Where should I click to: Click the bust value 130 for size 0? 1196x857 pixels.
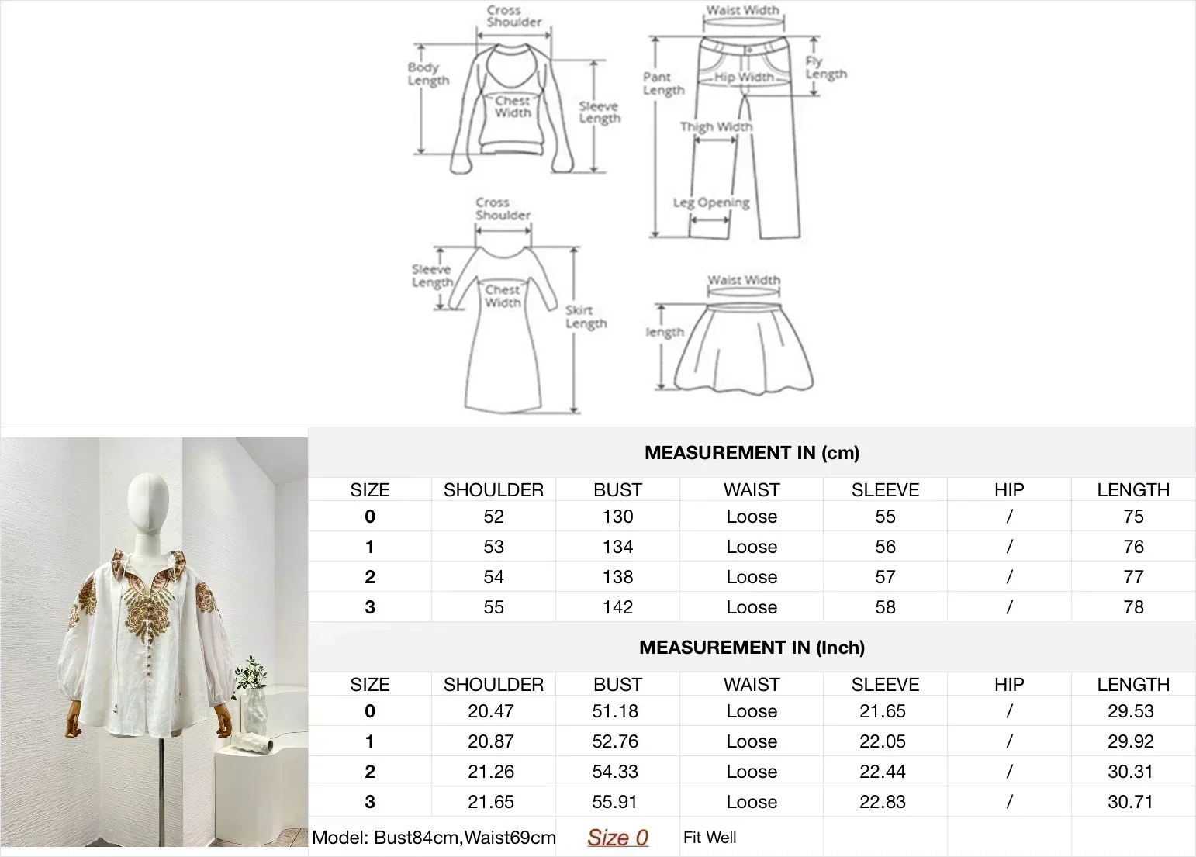click(617, 517)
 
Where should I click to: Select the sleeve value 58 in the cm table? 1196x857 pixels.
click(885, 607)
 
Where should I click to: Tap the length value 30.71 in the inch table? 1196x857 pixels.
click(1131, 802)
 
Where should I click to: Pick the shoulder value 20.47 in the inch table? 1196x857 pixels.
click(491, 711)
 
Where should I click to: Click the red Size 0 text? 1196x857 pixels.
click(617, 838)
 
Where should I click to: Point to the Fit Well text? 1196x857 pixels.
click(710, 838)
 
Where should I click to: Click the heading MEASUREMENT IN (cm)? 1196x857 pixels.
click(752, 453)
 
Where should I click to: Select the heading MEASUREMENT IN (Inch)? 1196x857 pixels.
click(752, 648)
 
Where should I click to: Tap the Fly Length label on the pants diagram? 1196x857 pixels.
click(825, 68)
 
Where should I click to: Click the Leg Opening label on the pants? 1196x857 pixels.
click(711, 202)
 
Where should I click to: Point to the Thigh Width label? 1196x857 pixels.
click(716, 126)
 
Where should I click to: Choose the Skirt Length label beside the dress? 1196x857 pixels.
click(586, 316)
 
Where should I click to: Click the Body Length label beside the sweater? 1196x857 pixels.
click(428, 74)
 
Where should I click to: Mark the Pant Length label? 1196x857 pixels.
click(663, 83)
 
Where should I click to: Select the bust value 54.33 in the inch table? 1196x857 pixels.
click(615, 772)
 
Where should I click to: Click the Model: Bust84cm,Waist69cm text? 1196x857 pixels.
click(434, 838)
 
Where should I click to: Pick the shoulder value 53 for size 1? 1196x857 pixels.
click(493, 547)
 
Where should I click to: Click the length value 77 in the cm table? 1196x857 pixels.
click(1133, 577)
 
